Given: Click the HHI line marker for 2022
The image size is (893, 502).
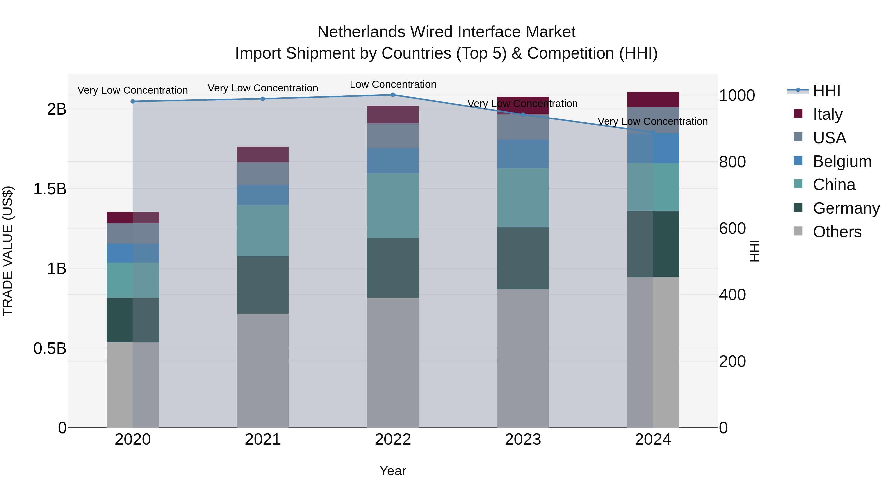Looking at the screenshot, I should [x=393, y=95].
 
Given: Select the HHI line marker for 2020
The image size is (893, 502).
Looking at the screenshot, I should [x=133, y=101].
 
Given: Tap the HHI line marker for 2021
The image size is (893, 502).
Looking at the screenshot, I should [x=263, y=99].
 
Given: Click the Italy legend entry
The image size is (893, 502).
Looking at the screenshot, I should [x=827, y=114].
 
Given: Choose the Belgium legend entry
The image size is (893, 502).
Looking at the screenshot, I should [x=842, y=161].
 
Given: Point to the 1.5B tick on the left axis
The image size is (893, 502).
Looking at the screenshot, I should [x=50, y=189].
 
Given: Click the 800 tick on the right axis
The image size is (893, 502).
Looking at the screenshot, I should [x=732, y=162].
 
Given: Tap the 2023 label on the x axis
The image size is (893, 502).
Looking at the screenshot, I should [x=523, y=439].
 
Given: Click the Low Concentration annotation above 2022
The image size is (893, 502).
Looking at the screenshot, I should [x=393, y=84].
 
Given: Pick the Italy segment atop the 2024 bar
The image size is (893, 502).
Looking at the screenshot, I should [x=653, y=99].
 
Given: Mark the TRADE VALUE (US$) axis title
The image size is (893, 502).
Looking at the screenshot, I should [x=8, y=251].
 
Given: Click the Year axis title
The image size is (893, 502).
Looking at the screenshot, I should [x=393, y=471].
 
